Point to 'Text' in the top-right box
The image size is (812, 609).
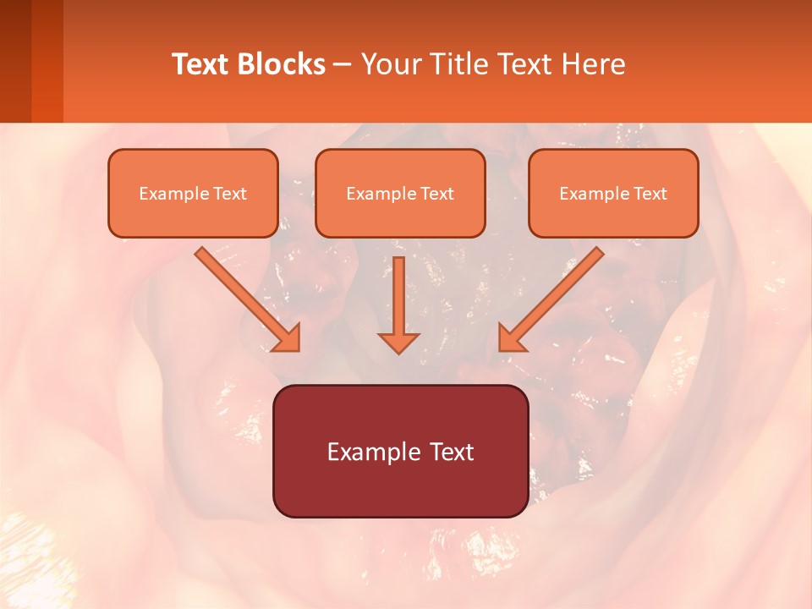coord(650,194)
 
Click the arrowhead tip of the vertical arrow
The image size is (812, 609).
coord(398,351)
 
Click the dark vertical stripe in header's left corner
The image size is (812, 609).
coord(15,61)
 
